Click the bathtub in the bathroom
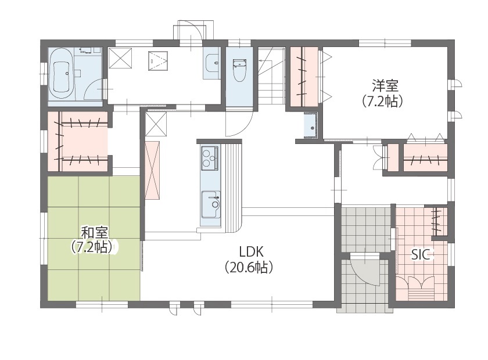tap(61, 74)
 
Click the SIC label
tap(421, 254)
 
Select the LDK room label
tap(252, 251)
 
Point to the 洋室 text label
tap(385, 86)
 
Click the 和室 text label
tap(93, 232)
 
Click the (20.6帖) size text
tap(249, 268)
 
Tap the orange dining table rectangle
tap(153, 170)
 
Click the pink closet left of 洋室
tap(304, 75)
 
